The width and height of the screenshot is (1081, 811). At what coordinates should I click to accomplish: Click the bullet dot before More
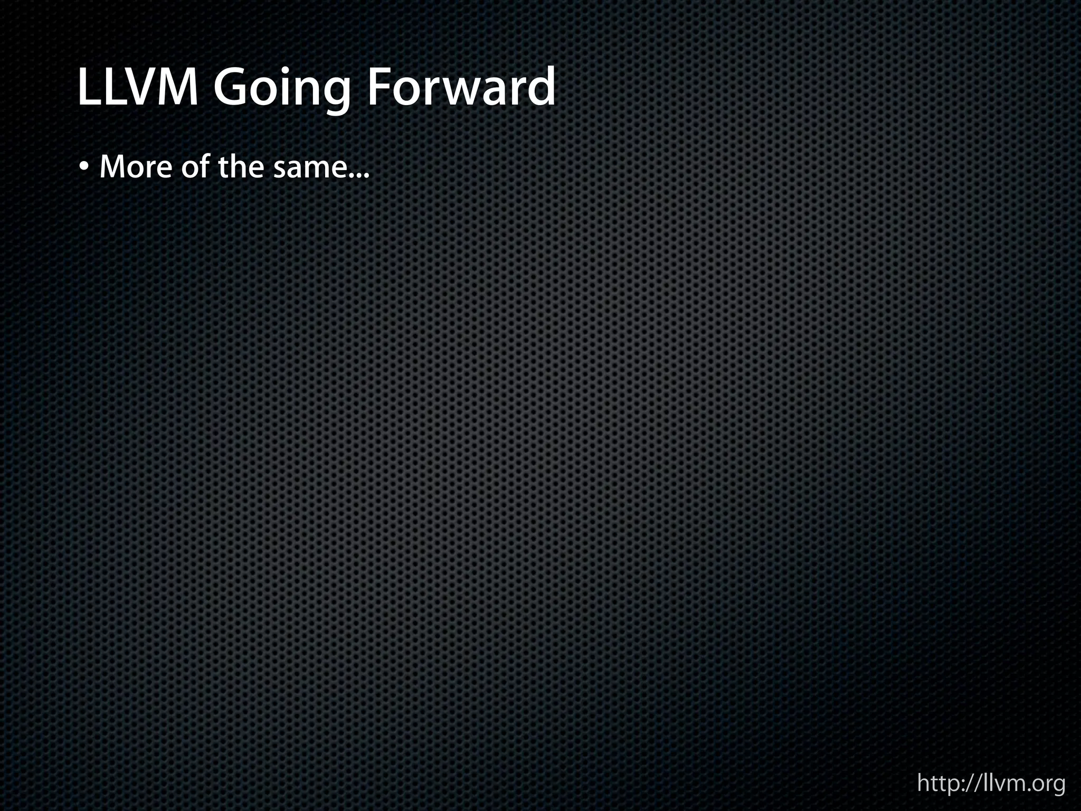tap(84, 168)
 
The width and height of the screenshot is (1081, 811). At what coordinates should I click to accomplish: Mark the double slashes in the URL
tap(976, 783)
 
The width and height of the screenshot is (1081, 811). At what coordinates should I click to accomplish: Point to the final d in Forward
tap(542, 88)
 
